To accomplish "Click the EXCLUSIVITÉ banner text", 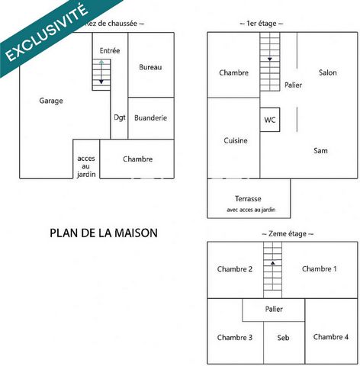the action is (47, 32).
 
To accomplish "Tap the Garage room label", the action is (51, 101).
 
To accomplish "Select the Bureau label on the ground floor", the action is (150, 67).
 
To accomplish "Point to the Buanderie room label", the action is (150, 118).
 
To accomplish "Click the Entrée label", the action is (110, 50).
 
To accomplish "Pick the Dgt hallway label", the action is (120, 117).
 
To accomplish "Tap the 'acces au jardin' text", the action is (86, 166).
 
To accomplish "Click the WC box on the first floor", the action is (270, 120).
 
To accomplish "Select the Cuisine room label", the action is (236, 140).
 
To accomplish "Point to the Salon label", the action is (328, 72).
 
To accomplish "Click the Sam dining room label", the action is (320, 151).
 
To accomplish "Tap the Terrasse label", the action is (248, 198).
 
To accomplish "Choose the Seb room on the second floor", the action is (283, 338).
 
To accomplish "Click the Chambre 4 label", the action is (331, 337).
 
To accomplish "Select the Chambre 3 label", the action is (235, 338).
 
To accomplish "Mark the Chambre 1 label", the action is (320, 269).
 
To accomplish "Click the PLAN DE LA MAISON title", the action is (104, 233).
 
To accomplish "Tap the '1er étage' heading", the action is (262, 24).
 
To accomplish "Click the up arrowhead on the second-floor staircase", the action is (273, 263).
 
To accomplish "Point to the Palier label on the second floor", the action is (274, 309).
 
